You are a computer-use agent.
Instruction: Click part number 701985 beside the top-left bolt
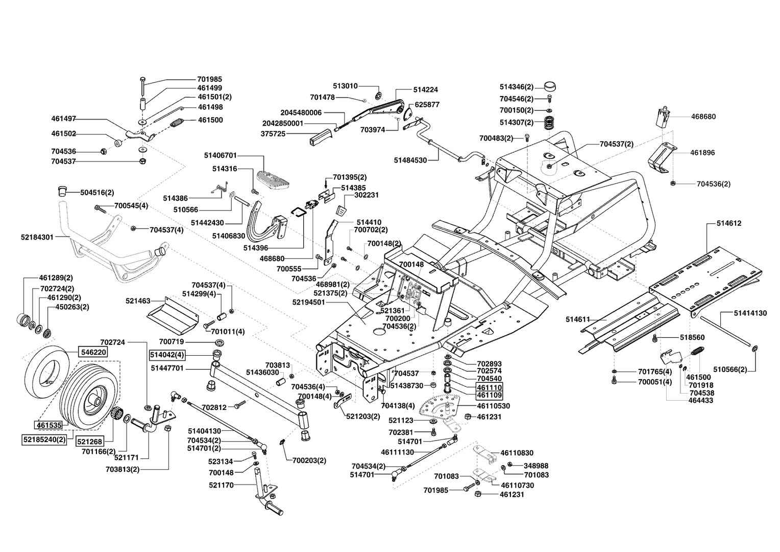coord(209,79)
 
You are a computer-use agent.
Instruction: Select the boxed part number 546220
coord(92,352)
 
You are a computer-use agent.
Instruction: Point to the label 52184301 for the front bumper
coord(37,237)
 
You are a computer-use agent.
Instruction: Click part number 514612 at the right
coord(728,223)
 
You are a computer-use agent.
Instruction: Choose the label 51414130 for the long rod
coord(750,313)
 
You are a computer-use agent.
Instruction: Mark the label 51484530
coord(410,160)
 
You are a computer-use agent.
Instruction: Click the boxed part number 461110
coord(489,387)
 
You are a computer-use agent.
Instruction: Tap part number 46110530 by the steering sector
coord(493,406)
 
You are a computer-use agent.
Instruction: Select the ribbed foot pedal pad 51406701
coord(271,177)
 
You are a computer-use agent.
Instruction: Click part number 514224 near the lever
coord(425,89)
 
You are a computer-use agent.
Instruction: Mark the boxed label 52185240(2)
coord(44,439)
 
